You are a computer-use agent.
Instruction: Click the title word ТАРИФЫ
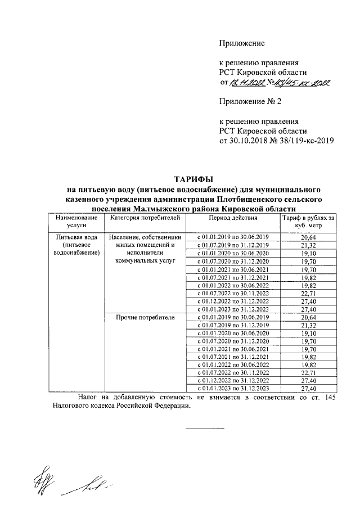(x=194, y=179)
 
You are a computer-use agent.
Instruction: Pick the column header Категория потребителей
(x=145, y=217)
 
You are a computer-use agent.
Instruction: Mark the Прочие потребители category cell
(x=145, y=318)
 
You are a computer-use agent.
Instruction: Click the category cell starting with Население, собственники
(x=145, y=249)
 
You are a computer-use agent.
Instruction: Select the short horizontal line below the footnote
(x=205, y=429)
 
